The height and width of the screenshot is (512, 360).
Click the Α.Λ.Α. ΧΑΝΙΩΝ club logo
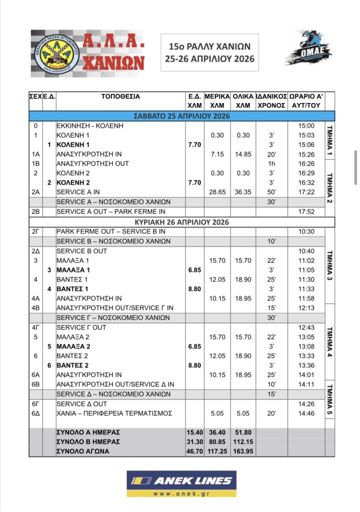pos(88,53)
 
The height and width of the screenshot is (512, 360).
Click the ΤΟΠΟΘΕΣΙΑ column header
pos(120,96)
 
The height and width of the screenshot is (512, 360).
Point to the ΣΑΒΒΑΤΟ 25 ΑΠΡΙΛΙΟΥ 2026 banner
pos(182,116)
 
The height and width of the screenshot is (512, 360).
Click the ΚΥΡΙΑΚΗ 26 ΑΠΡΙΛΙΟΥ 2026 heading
pos(182,221)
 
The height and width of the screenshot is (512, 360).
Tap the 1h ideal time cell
pos(271,163)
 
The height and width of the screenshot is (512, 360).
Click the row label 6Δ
pos(35,413)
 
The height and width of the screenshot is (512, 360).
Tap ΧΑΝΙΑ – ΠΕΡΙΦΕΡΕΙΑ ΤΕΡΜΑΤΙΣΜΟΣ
pos(114,413)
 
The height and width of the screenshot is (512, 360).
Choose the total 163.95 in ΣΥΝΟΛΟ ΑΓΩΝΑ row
pos(242,451)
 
